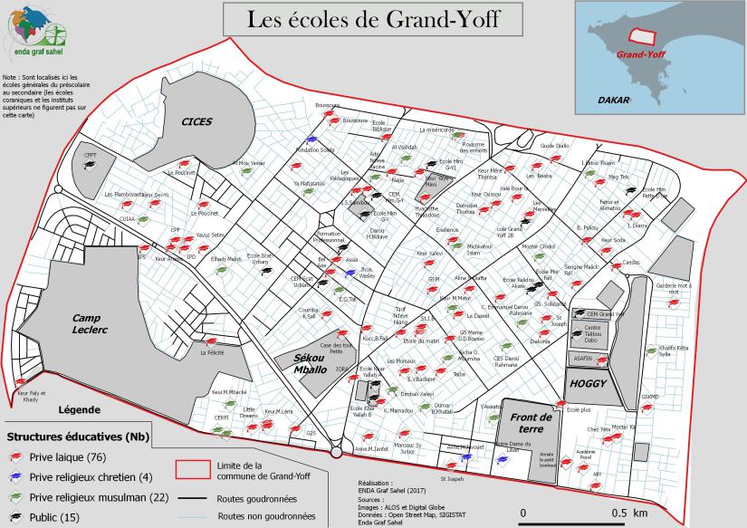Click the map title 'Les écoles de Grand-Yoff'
360,18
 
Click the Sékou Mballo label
310,364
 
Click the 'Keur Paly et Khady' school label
30,397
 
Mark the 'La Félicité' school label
212,355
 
